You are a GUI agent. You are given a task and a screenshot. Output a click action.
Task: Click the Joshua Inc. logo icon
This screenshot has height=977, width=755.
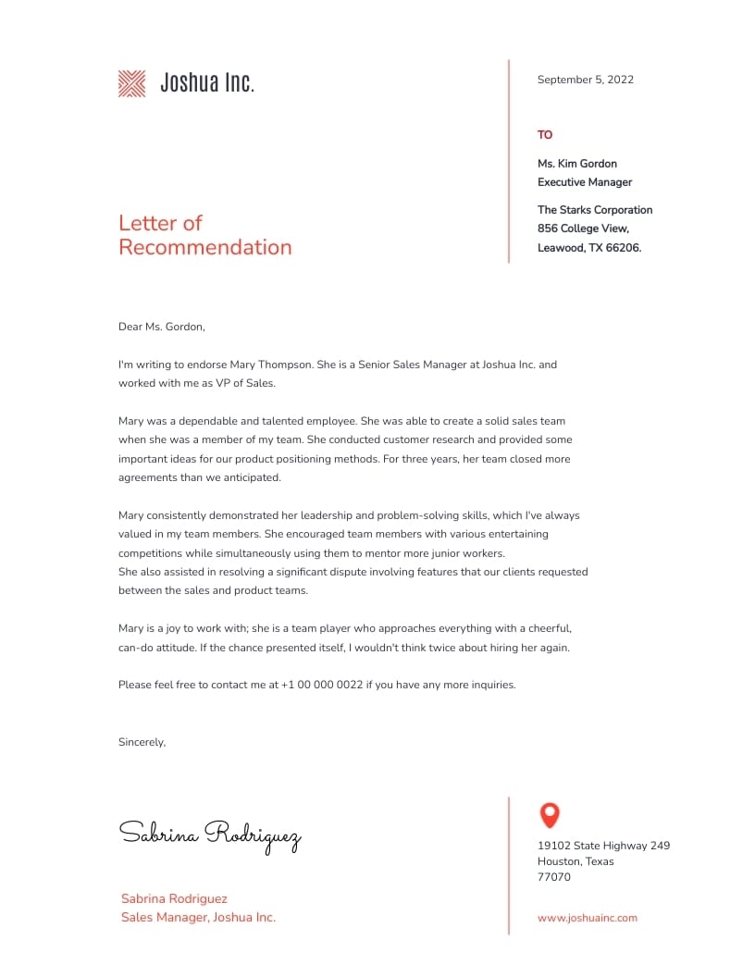point(132,83)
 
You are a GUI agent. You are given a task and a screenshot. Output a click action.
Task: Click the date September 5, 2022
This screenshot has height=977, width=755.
point(585,80)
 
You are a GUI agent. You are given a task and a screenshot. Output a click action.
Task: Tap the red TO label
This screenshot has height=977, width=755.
point(545,135)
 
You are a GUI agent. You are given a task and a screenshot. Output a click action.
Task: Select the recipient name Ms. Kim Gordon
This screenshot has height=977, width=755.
point(577,164)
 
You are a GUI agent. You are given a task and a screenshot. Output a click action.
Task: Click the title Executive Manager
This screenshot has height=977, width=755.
point(585,182)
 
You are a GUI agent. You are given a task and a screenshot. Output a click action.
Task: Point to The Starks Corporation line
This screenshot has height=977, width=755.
point(595,210)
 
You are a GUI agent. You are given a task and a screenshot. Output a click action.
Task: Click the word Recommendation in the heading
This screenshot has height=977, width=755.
point(204,247)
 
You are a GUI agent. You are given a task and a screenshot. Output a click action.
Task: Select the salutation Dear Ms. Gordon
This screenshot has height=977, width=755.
point(161,327)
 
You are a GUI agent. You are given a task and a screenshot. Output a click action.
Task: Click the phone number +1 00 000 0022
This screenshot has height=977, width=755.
point(321,686)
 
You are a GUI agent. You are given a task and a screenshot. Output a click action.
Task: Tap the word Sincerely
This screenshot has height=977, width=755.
point(142,742)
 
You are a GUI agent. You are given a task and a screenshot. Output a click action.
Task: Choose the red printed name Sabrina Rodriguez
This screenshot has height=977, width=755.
point(174,898)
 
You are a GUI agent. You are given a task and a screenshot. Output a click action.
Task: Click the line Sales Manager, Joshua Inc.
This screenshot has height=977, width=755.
point(198,918)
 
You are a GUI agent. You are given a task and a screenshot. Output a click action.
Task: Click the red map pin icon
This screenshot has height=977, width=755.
point(550,814)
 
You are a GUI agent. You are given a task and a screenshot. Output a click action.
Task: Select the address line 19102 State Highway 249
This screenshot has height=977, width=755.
point(603,846)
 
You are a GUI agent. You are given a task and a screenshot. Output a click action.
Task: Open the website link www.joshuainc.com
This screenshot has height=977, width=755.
point(588,918)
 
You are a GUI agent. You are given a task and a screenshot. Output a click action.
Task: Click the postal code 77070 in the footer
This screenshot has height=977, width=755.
point(554,877)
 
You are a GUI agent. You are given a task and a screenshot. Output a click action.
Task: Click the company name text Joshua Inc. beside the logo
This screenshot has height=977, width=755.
point(207,83)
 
